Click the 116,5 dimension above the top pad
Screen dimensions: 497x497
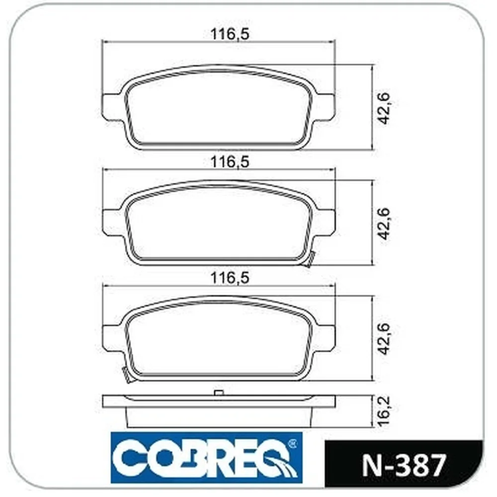point(230,34)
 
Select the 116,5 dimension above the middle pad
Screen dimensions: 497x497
point(230,162)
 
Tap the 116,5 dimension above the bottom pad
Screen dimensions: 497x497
point(230,278)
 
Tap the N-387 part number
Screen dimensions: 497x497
point(404,465)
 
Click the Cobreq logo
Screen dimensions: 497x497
point(206,457)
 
